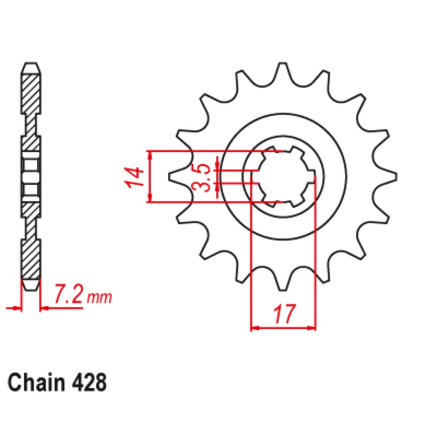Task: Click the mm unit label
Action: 100,298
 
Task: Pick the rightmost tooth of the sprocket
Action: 392,176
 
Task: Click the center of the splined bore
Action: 283,177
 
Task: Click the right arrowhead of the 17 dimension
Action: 312,327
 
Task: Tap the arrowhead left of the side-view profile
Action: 17,309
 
